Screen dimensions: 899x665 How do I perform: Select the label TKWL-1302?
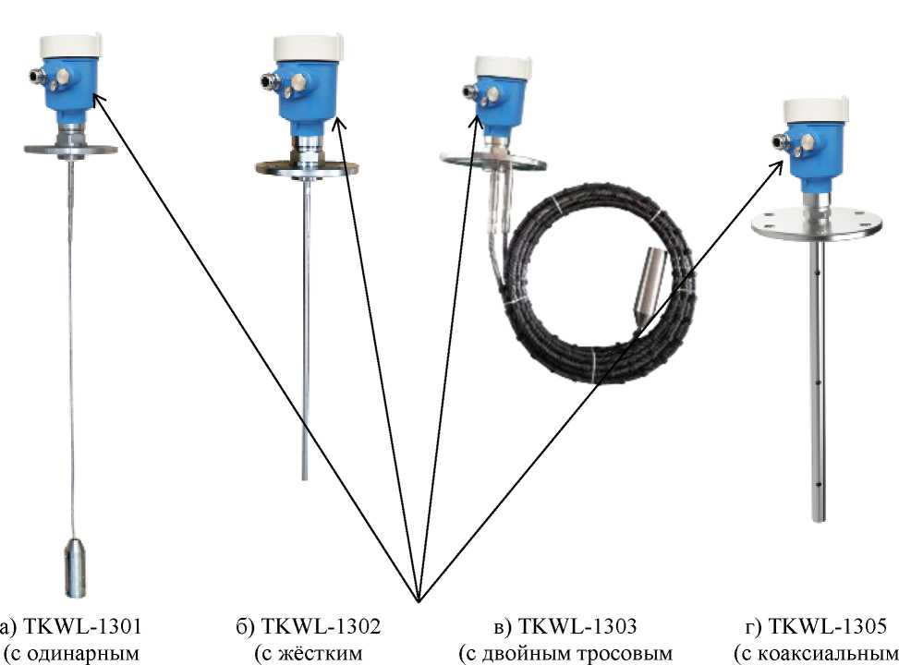pyautogui.click(x=322, y=626)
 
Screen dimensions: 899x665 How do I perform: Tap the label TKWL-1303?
pyautogui.click(x=577, y=626)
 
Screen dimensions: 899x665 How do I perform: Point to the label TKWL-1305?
pyautogui.click(x=827, y=626)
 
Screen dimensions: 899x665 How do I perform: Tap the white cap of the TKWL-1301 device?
pyautogui.click(x=71, y=45)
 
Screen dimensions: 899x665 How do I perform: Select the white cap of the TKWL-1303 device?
pyautogui.click(x=503, y=66)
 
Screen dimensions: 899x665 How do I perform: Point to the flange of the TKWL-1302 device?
pyautogui.click(x=308, y=168)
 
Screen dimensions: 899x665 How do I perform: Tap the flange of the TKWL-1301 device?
pyautogui.click(x=70, y=151)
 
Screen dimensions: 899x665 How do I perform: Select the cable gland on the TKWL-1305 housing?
pyautogui.click(x=779, y=140)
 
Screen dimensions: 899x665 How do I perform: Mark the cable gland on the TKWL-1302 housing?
pyautogui.click(x=267, y=80)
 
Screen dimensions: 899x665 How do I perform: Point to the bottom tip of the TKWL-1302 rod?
pyautogui.click(x=305, y=479)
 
